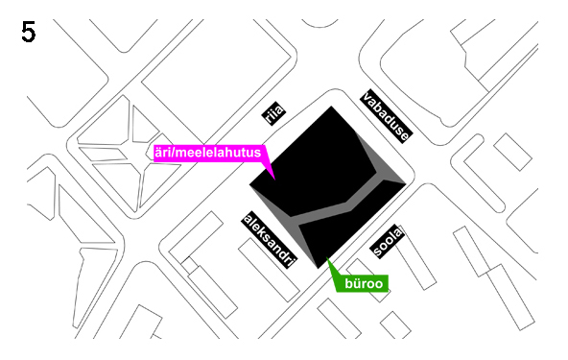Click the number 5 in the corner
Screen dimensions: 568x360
pyautogui.click(x=28, y=32)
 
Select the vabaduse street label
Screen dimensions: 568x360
pyautogui.click(x=386, y=116)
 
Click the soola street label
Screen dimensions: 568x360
pyautogui.click(x=387, y=241)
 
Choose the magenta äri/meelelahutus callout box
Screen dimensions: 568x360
pyautogui.click(x=210, y=152)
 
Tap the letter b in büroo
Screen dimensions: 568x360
pyautogui.click(x=342, y=283)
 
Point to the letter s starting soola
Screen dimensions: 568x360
pyautogui.click(x=380, y=253)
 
